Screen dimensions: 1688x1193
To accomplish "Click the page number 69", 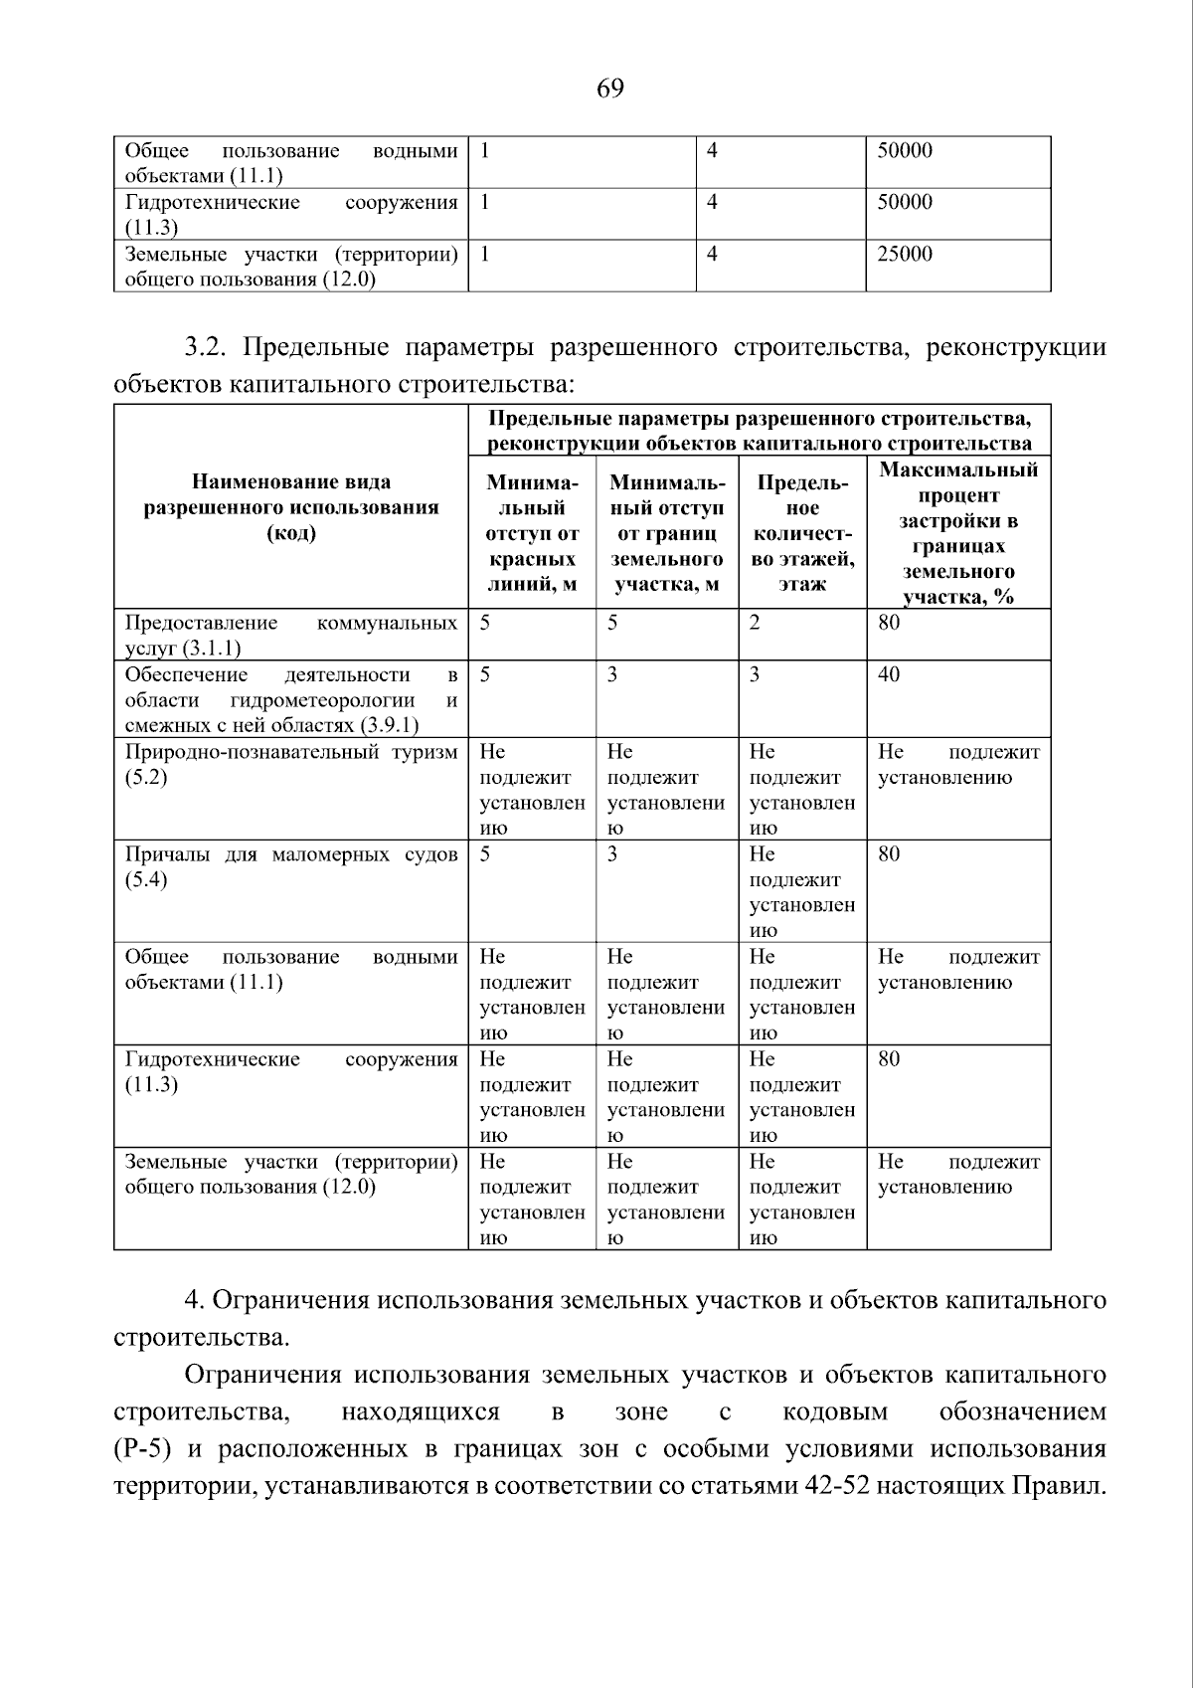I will [609, 90].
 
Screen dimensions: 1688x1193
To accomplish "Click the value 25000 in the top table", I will [905, 255].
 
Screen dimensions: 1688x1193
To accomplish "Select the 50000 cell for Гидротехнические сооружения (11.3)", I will [905, 203].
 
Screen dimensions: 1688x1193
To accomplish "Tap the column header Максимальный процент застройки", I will [957, 533].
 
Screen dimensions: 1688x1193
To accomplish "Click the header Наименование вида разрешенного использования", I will [291, 507].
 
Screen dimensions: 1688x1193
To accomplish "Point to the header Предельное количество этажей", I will [802, 533].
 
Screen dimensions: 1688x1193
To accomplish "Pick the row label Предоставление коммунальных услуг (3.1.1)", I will [290, 635].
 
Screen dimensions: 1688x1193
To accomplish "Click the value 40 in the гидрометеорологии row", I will [889, 675].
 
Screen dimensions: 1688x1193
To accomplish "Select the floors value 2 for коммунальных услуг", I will [755, 624].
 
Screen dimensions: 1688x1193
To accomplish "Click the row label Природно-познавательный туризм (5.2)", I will [290, 764].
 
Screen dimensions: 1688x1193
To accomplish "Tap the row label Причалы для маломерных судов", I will [290, 866].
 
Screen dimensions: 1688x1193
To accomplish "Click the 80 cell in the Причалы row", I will [889, 855].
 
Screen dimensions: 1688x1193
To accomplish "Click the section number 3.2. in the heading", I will [208, 348].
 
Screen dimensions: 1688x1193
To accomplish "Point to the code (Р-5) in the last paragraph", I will [143, 1449].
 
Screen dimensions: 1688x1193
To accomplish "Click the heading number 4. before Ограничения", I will [194, 1301].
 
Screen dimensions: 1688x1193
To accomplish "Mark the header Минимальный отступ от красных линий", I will [532, 533].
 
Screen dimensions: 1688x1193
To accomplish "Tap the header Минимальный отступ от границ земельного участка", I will [667, 533].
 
